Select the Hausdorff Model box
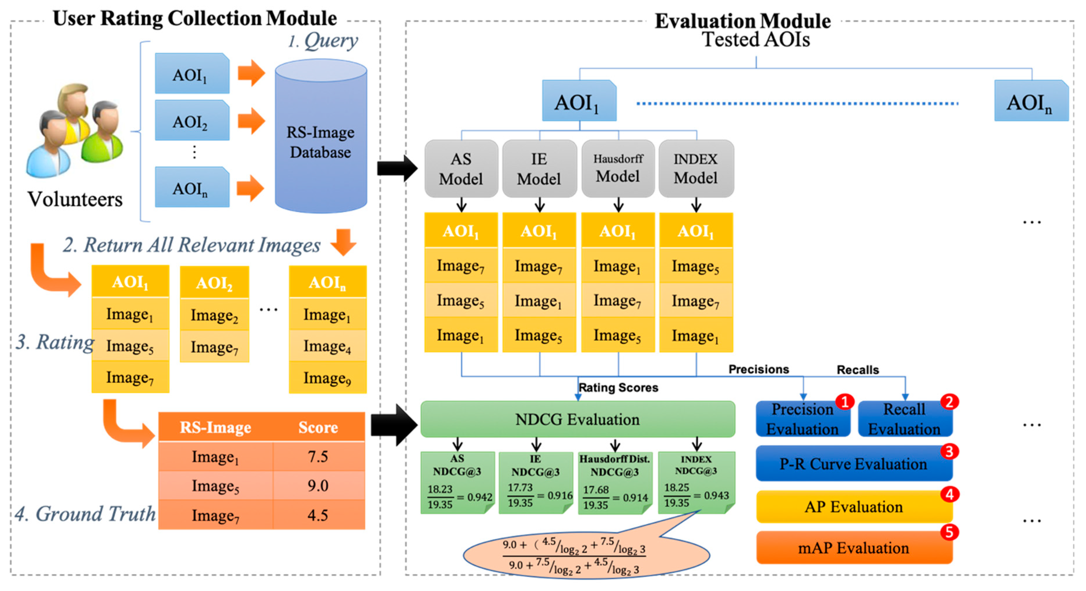pyautogui.click(x=618, y=169)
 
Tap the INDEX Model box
pyautogui.click(x=696, y=169)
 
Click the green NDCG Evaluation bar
pyautogui.click(x=578, y=419)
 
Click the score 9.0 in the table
pyautogui.click(x=317, y=485)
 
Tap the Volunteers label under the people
pyautogui.click(x=75, y=199)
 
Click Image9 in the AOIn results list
pyautogui.click(x=327, y=378)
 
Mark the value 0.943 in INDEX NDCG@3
pyautogui.click(x=716, y=495)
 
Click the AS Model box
pyautogui.click(x=461, y=169)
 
